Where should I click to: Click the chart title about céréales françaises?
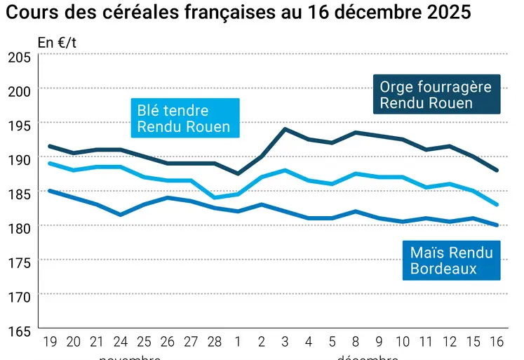point(238,13)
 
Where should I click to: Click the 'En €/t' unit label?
point(58,42)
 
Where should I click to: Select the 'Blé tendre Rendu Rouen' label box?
point(183,117)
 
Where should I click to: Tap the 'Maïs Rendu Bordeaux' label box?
point(451,260)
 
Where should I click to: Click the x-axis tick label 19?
point(49,342)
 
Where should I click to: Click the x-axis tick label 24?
point(120,342)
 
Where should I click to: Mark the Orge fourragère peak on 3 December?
point(284,129)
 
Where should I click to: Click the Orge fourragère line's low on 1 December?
point(237,173)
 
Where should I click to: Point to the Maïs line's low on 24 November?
point(120,214)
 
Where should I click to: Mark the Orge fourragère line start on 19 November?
point(49,146)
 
